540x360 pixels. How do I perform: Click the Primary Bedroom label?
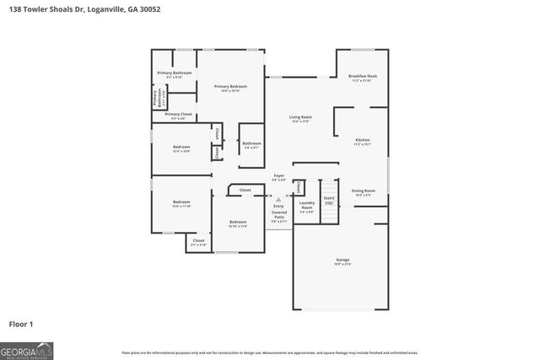click(x=230, y=88)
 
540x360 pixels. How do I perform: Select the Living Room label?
click(x=301, y=119)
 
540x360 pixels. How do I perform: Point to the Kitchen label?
click(x=362, y=142)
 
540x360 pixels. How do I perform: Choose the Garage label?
click(x=342, y=261)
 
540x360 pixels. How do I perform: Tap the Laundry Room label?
click(x=307, y=204)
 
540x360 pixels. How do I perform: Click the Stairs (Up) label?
click(x=329, y=201)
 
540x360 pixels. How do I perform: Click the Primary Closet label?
click(x=178, y=116)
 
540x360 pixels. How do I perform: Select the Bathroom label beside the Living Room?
click(x=251, y=145)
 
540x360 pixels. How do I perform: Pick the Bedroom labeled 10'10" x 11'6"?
click(x=238, y=223)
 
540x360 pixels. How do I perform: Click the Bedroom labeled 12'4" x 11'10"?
click(x=181, y=204)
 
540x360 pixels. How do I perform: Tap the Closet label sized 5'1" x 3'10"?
click(x=198, y=242)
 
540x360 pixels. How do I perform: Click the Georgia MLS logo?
click(x=26, y=348)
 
